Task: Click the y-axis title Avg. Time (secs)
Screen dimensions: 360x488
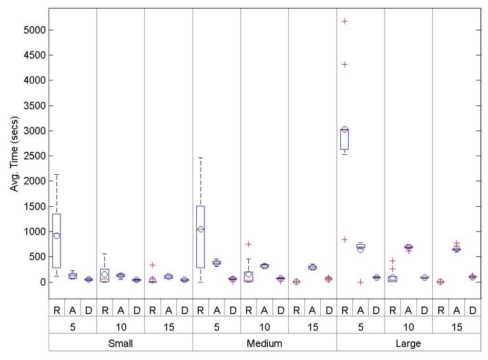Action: pos(14,154)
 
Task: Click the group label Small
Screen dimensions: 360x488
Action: pos(121,343)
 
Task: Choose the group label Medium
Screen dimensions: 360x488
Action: pos(264,343)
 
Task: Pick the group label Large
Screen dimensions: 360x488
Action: pos(408,343)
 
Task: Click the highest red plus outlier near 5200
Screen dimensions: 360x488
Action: pos(345,21)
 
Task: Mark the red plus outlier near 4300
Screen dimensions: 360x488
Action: pos(345,64)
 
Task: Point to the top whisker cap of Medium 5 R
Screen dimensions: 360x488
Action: pos(201,158)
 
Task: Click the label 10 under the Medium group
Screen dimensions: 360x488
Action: pos(264,327)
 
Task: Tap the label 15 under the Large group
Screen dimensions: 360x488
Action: pos(457,327)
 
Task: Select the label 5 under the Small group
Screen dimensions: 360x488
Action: pos(72,327)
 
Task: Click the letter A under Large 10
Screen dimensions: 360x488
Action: pos(408,310)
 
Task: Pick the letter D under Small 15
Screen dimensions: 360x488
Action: pos(184,310)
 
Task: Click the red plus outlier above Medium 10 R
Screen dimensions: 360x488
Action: pos(248,244)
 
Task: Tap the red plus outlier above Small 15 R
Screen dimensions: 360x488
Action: pos(152,265)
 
